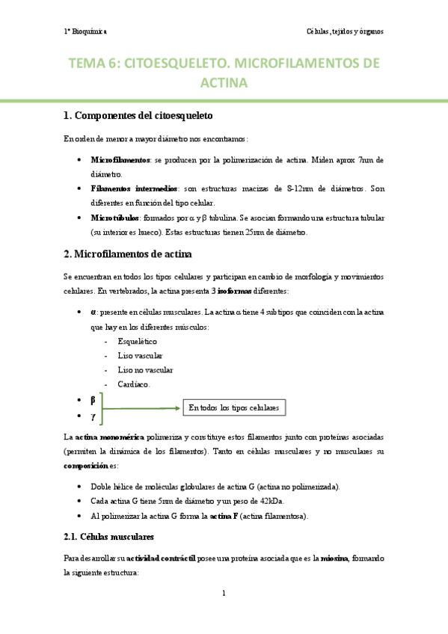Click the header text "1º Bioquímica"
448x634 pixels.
(x=85, y=31)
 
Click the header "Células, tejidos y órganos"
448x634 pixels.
(x=345, y=31)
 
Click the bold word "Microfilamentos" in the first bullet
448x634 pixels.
(x=120, y=160)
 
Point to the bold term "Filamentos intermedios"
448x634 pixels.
(x=134, y=189)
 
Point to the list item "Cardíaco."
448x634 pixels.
(x=134, y=384)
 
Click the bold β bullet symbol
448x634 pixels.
(x=93, y=400)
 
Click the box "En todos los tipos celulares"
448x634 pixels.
(x=233, y=408)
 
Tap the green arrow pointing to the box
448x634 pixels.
(x=142, y=408)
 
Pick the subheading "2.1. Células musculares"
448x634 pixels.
(x=109, y=537)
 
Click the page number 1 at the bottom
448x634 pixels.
(x=224, y=594)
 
